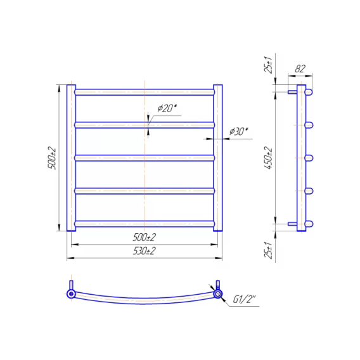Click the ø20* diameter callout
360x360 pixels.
pyautogui.click(x=168, y=108)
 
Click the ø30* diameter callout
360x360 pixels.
pyautogui.click(x=239, y=132)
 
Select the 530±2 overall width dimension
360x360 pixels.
pyautogui.click(x=144, y=251)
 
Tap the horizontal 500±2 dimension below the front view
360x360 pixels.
pyautogui.click(x=144, y=237)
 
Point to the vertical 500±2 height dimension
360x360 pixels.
pyautogui.click(x=52, y=158)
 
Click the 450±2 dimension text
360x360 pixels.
pyautogui.click(x=268, y=158)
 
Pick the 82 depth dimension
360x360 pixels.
pyautogui.click(x=300, y=68)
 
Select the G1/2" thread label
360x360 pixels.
pyautogui.click(x=244, y=299)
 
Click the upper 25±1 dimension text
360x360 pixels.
pyautogui.click(x=268, y=65)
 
